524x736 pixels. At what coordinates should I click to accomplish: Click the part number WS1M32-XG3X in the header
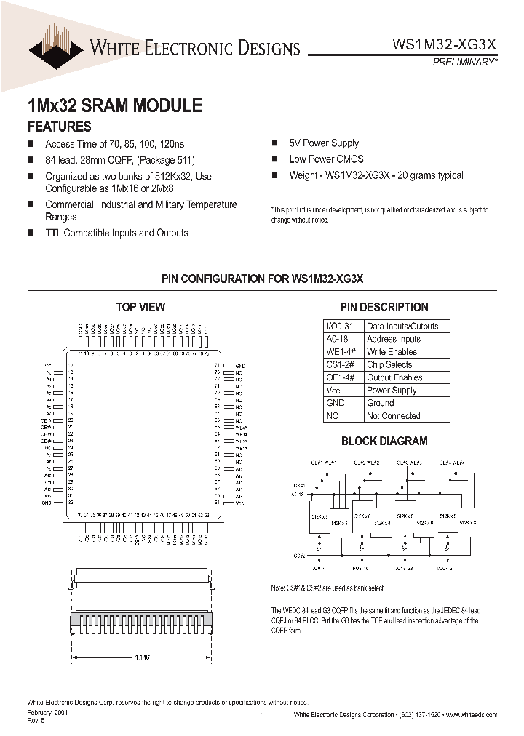444,44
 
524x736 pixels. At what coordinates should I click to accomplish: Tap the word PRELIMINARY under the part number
464,63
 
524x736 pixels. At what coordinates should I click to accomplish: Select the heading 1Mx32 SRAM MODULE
114,105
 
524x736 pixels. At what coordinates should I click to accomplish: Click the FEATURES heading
59,126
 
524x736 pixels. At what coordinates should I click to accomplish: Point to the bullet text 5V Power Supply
324,143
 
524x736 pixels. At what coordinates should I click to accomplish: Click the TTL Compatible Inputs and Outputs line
116,233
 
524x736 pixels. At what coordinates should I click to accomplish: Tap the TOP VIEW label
140,307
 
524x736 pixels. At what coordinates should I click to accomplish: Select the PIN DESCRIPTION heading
384,307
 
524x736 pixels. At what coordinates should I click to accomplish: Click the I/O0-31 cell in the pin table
340,327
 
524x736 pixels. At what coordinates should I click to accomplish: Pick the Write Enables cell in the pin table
392,352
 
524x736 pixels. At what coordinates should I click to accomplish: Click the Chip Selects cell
389,364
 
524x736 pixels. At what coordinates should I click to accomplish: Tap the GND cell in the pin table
336,403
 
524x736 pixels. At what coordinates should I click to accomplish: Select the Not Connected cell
393,416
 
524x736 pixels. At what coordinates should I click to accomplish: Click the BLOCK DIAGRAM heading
384,441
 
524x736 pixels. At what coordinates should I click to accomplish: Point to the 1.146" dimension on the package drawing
142,657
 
